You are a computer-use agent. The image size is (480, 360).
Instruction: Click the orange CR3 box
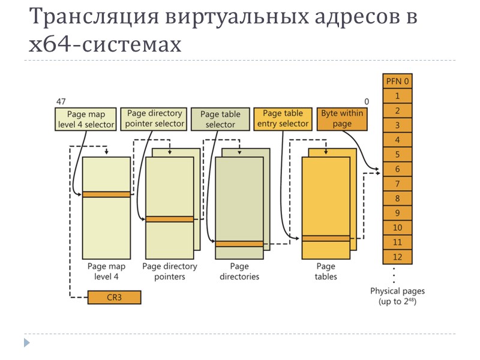[114, 297]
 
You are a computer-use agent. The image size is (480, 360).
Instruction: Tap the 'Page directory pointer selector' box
[154, 119]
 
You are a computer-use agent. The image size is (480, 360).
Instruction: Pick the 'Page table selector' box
[220, 119]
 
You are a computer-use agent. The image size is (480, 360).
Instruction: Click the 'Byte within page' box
[342, 119]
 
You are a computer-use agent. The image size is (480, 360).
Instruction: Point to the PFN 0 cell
[397, 80]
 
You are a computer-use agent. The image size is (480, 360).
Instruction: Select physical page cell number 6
[397, 169]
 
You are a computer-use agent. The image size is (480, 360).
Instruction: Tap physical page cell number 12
[397, 257]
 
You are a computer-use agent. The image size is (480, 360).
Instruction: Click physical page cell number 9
[397, 213]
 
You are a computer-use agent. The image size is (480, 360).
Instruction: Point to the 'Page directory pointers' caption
[169, 271]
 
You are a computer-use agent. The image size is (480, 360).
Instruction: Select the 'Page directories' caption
[239, 271]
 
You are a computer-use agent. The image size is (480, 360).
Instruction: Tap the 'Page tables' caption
[326, 271]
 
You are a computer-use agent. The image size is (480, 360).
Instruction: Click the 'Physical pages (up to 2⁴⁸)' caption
[397, 296]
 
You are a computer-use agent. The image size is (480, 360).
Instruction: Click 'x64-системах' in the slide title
[105, 44]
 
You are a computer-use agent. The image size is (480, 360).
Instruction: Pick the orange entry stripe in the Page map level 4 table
[107, 194]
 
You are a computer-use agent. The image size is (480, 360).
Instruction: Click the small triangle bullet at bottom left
[26, 343]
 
